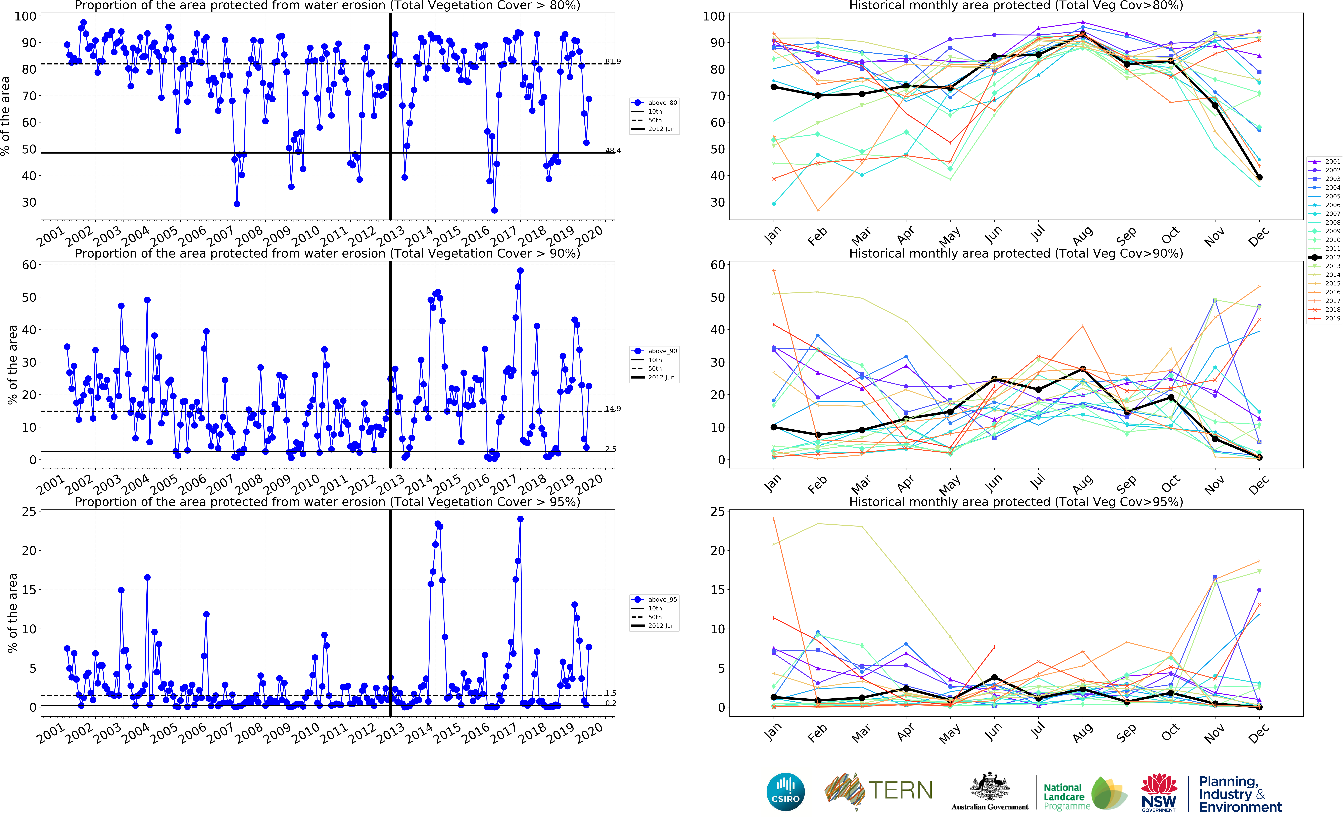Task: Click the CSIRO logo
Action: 786,791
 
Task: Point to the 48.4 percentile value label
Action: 613,150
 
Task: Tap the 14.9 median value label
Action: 613,409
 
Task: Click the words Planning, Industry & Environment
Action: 1240,794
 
